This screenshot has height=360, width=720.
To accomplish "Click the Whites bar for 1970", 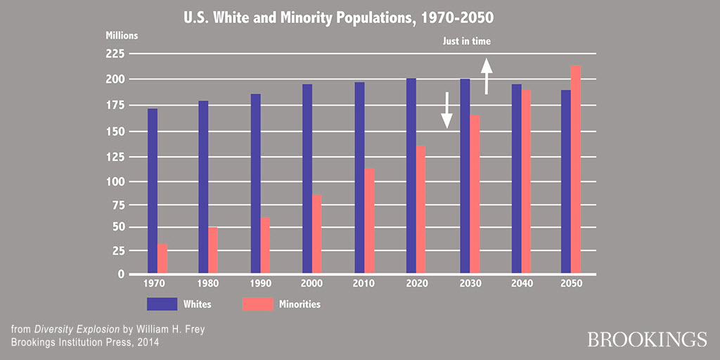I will click(x=153, y=191).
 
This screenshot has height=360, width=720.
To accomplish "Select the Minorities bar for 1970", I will click(x=162, y=258).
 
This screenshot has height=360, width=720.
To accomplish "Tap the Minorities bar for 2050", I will click(x=576, y=169).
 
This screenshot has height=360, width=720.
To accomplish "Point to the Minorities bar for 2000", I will click(x=317, y=234).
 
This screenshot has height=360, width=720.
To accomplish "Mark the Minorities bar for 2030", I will click(x=475, y=194).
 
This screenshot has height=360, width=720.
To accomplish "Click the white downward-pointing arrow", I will click(x=446, y=110).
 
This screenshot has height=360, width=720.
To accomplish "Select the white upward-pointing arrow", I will click(x=486, y=77).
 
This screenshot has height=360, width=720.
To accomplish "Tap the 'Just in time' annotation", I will click(x=466, y=41).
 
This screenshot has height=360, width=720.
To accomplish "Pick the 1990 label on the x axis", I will click(x=259, y=283).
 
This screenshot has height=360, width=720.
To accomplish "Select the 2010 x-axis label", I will click(x=364, y=283).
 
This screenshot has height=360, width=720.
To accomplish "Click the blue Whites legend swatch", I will click(x=162, y=304).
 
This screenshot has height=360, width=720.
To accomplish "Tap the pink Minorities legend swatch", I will click(x=258, y=304).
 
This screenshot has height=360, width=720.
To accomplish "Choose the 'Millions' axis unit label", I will click(x=122, y=34).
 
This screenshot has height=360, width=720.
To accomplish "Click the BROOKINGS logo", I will click(x=647, y=340).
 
